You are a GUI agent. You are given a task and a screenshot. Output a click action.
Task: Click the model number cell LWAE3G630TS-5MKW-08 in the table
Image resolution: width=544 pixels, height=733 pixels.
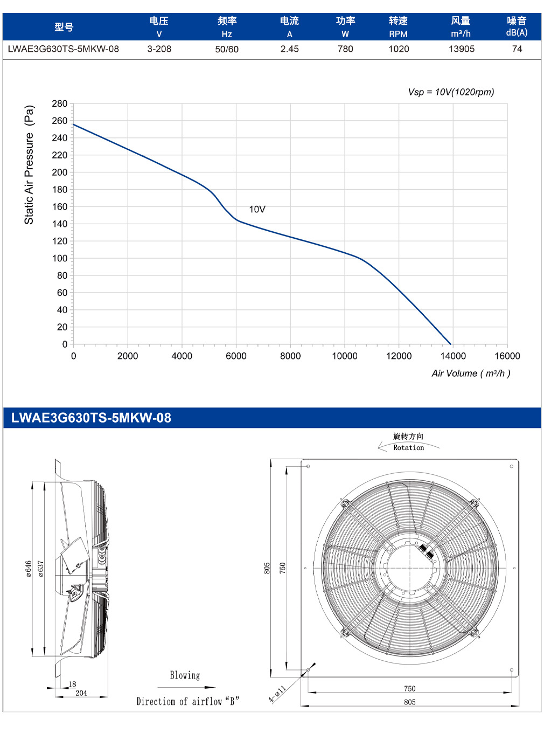point(63,49)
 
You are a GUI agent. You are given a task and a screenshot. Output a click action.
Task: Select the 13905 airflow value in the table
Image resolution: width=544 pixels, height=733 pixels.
point(461,49)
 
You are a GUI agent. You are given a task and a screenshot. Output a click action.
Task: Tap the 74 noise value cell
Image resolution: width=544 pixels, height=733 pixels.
point(517,49)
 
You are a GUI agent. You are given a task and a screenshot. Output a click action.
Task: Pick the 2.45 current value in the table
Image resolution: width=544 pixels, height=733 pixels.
point(289,49)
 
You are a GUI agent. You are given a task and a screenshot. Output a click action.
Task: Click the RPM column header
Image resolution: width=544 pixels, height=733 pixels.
point(398,34)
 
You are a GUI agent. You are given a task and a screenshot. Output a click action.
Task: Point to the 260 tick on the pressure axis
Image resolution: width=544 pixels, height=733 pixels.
point(59,121)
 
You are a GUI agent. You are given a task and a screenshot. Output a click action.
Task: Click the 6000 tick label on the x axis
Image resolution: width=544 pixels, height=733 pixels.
point(236,356)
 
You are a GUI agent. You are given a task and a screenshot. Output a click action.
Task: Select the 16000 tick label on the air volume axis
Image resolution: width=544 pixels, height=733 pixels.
point(507,356)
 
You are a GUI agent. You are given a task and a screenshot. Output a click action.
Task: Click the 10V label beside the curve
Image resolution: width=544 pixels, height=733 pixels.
point(257,209)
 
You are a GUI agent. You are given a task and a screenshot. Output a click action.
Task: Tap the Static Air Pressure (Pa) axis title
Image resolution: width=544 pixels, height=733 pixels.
point(29,164)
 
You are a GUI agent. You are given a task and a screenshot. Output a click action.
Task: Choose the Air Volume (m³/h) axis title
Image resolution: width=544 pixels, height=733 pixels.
point(471,374)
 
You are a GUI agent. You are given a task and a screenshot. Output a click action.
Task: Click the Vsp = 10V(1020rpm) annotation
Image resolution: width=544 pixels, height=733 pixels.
point(451,92)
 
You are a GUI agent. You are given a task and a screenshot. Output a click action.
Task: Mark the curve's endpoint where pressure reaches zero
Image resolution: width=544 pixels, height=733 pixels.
point(451,344)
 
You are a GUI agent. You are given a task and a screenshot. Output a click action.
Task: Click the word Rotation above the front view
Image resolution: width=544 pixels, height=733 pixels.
point(409,447)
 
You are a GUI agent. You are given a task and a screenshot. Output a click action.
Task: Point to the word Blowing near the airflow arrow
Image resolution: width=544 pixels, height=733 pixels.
point(185,675)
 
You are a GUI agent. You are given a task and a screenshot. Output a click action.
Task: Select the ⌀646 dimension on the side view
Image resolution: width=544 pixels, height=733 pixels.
point(29,569)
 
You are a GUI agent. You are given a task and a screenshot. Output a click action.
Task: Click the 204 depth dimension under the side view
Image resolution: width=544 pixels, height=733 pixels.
point(81,693)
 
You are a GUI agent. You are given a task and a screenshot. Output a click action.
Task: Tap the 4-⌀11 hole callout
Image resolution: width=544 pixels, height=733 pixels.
point(277,694)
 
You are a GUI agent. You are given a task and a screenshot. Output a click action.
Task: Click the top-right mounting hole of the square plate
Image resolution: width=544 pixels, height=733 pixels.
point(512,466)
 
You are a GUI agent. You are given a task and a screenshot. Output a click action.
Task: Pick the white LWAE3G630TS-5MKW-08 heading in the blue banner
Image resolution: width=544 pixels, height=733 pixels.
point(91,418)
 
